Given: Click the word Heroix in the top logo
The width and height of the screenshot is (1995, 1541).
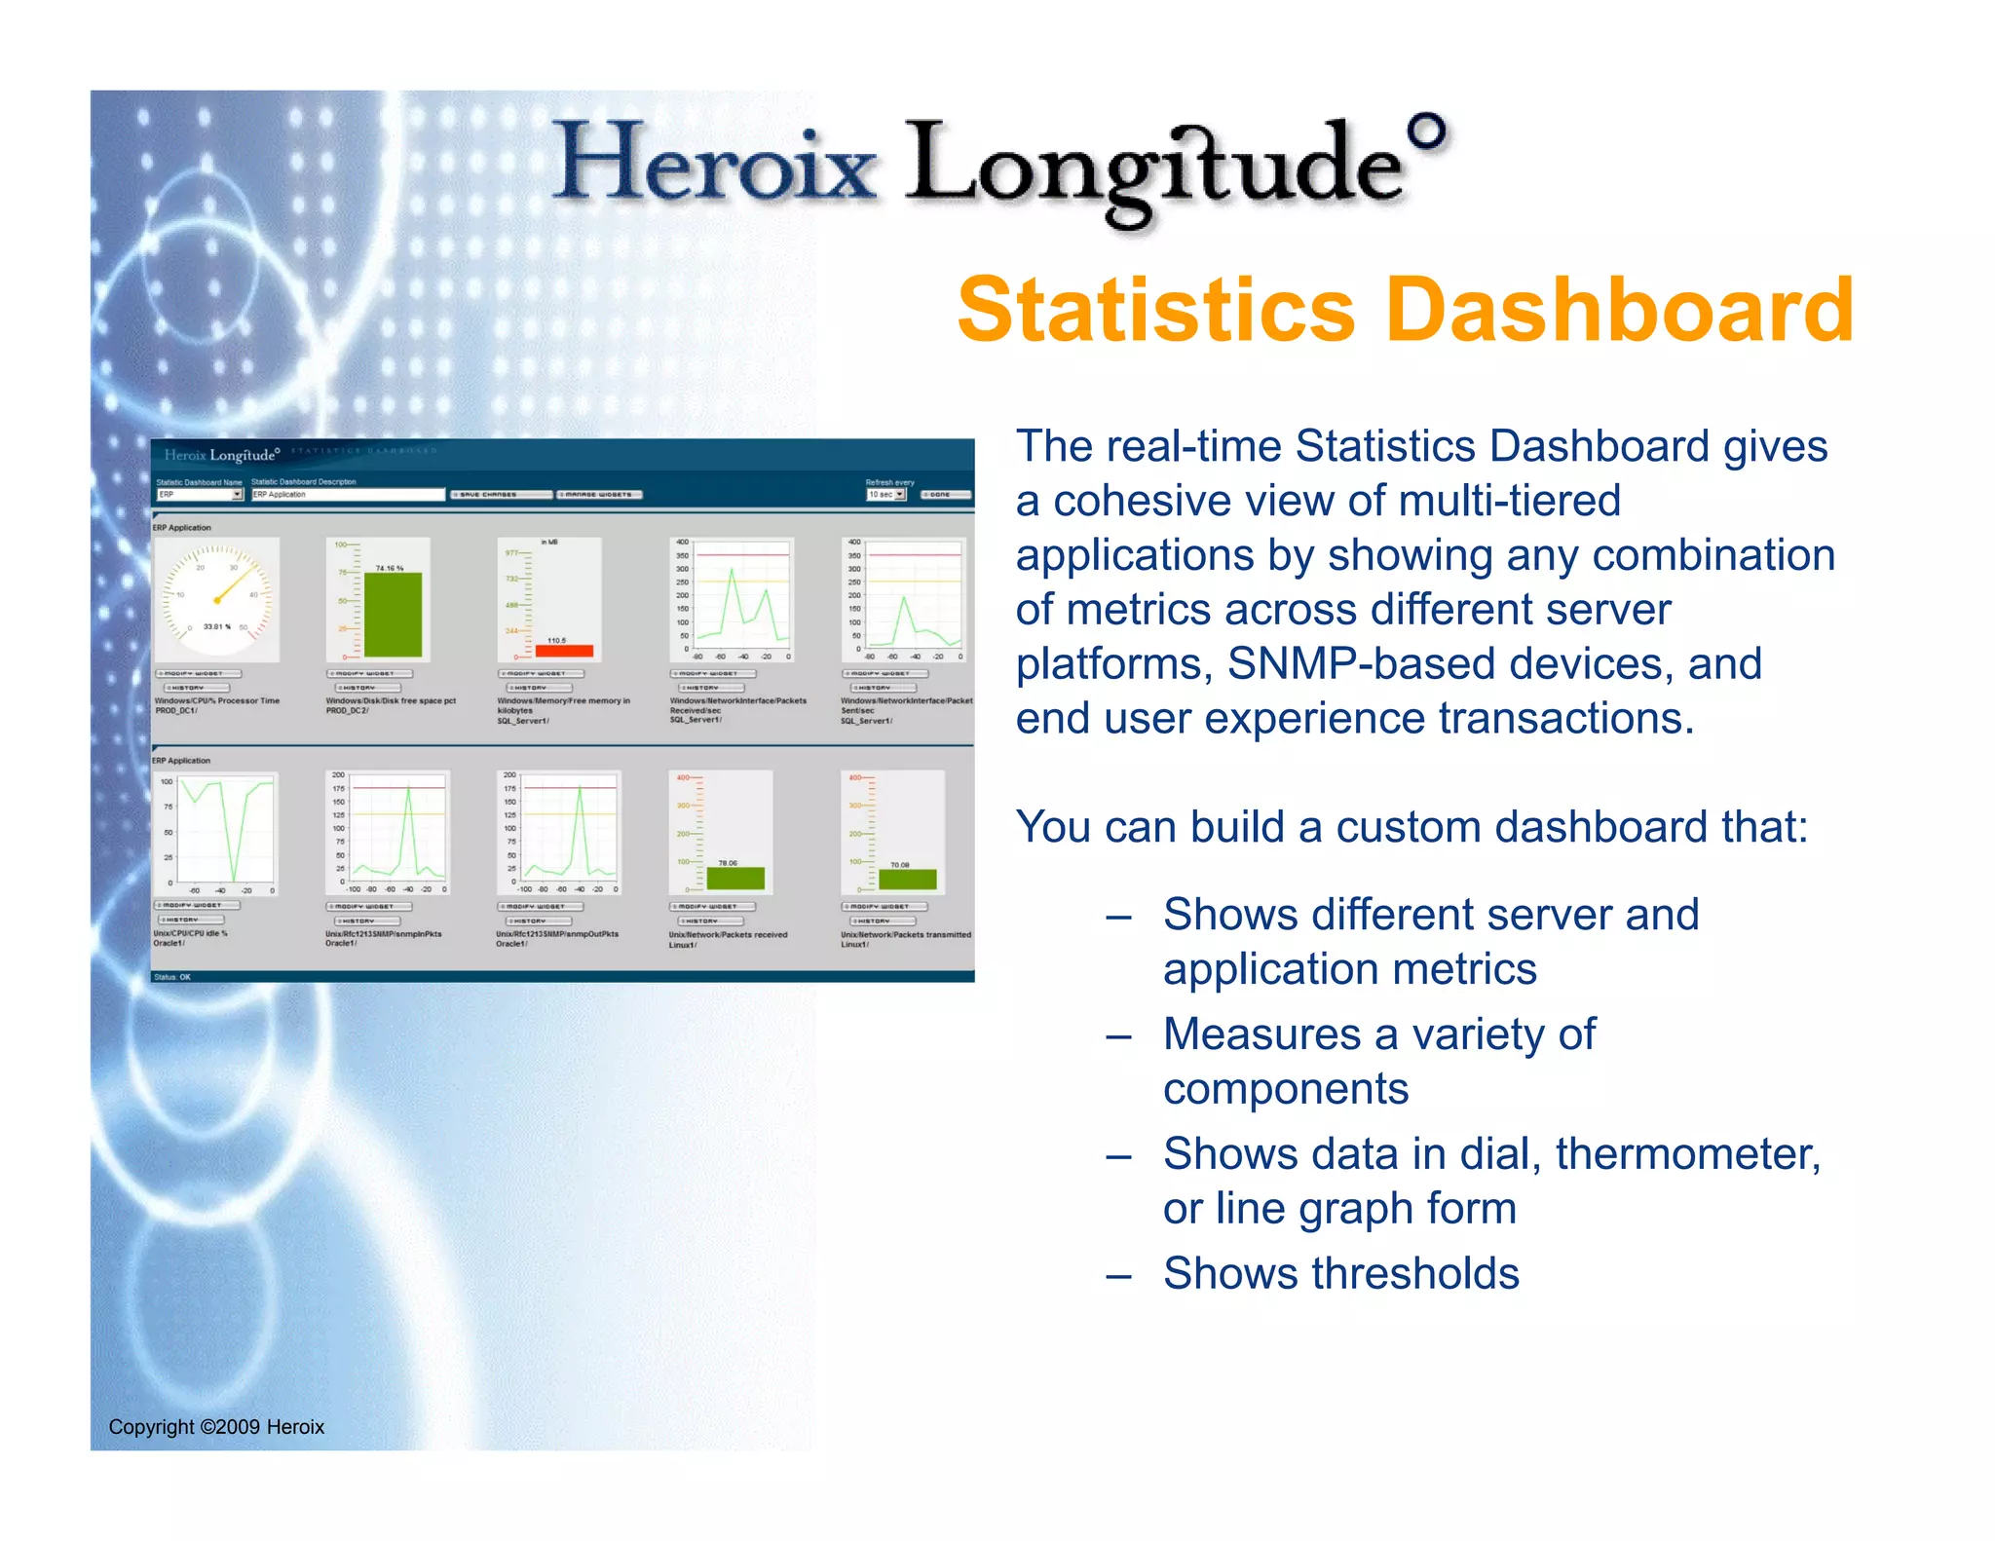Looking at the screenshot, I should coord(716,161).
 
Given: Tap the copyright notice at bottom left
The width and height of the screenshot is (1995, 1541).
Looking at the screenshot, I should coord(216,1426).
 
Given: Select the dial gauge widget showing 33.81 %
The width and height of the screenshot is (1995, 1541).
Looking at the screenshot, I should coord(217,600).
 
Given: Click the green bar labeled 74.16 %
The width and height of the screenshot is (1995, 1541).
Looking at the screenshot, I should coord(393,614).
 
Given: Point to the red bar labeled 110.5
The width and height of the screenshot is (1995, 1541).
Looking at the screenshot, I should coord(564,651).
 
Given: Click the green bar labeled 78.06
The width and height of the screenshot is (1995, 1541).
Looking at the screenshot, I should coord(735,878).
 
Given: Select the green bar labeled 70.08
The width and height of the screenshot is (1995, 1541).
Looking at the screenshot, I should coord(907,879).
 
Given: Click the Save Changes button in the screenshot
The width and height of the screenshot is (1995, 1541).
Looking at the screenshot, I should coord(501,495).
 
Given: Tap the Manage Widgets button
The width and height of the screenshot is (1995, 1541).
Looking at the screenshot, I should coord(598,495).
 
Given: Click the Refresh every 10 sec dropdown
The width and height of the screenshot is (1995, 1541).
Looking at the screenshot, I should coord(886,495).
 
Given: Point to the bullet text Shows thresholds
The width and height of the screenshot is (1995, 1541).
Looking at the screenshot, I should coord(1340,1273).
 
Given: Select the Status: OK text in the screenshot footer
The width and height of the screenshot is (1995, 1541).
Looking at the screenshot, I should coord(172,977).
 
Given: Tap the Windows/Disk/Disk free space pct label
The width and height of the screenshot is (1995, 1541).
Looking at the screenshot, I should coord(391,700).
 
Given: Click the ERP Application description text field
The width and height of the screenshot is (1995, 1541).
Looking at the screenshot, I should coord(347,495).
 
